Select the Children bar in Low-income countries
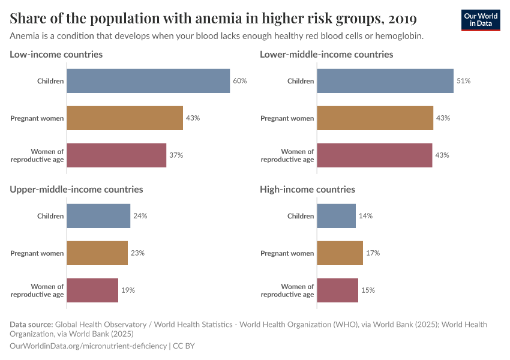(x=148, y=81)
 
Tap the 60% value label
(x=240, y=81)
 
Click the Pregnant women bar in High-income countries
(x=340, y=253)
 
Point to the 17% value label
(x=373, y=253)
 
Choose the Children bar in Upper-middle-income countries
(x=98, y=216)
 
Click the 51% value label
(x=463, y=81)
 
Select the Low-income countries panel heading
(x=56, y=55)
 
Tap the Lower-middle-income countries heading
(x=326, y=55)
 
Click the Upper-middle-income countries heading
(x=76, y=190)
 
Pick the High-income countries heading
(x=307, y=190)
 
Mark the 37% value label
(x=176, y=155)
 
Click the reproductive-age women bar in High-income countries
(x=337, y=290)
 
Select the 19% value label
(x=128, y=290)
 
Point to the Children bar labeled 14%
(x=336, y=216)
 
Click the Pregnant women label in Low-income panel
(x=37, y=118)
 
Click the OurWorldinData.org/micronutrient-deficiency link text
(x=89, y=346)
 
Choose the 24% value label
(x=140, y=216)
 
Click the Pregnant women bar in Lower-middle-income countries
(x=375, y=118)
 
